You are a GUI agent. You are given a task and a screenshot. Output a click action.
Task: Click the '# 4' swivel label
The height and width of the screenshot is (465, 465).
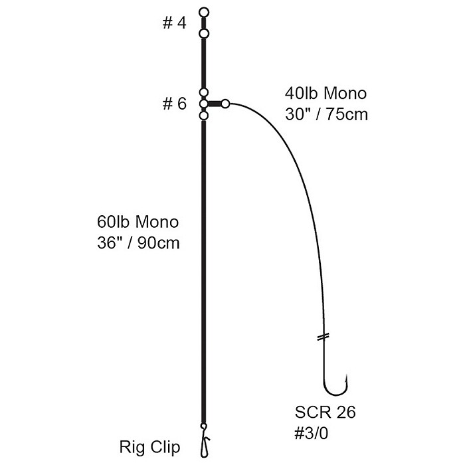point(174,24)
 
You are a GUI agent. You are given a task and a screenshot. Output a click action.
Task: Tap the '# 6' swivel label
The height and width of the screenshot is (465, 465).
point(174,104)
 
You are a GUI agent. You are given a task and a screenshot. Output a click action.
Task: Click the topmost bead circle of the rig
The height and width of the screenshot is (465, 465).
point(204,11)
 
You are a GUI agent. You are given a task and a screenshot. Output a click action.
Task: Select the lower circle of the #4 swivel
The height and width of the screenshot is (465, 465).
point(204,34)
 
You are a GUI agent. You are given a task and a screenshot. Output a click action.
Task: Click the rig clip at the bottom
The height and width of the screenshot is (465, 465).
point(205,439)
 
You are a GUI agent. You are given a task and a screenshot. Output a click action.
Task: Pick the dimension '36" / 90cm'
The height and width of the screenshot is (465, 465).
point(137,242)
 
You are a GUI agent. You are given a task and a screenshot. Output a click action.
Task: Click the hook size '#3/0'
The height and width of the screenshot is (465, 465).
point(314,432)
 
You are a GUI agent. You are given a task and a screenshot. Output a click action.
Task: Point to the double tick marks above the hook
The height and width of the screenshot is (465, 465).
point(324,337)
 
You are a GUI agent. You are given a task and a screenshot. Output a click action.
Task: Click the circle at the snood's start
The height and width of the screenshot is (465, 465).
point(226,104)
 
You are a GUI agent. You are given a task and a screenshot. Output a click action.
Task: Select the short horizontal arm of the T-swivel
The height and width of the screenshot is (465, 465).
point(215,104)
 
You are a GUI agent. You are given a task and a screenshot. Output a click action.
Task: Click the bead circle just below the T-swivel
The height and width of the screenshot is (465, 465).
point(204,116)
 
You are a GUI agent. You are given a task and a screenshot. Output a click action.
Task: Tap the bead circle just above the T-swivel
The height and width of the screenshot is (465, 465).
point(204,93)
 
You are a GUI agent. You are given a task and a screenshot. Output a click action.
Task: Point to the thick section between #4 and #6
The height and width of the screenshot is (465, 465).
point(204,63)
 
